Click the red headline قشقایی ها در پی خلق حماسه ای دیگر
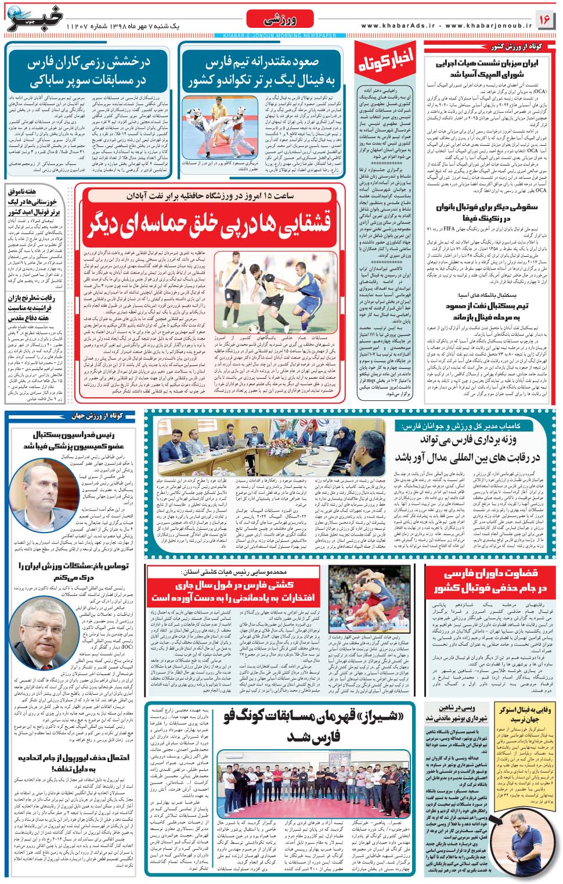click(x=210, y=224)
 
